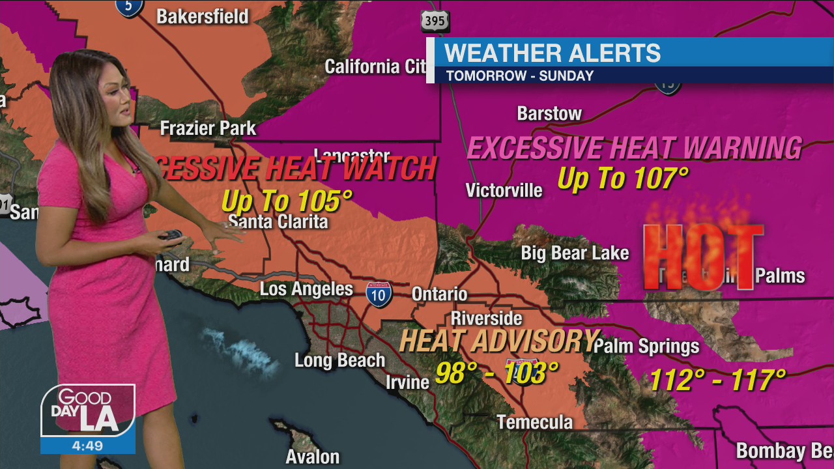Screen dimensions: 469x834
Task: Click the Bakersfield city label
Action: (202, 16)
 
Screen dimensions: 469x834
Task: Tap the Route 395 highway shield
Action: (435, 21)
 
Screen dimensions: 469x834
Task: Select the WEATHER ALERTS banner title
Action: (552, 53)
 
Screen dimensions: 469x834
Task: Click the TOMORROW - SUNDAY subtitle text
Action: (519, 76)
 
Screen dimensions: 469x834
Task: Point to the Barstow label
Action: (549, 113)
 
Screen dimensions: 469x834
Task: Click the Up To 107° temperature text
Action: (623, 178)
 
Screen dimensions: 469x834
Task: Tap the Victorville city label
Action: (504, 190)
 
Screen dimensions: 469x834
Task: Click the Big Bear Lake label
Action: (575, 253)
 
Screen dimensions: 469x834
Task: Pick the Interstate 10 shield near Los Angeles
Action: (379, 295)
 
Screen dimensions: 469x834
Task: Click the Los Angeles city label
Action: (306, 289)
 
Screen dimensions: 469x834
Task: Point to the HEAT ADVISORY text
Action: (498, 341)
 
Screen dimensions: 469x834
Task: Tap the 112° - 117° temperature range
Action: (717, 379)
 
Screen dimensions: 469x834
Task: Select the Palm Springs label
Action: (646, 346)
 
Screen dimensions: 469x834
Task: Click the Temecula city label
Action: (534, 422)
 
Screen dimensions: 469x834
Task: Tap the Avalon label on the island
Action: (313, 457)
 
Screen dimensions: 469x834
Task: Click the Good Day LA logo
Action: (88, 410)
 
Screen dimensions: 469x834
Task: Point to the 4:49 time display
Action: (88, 446)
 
